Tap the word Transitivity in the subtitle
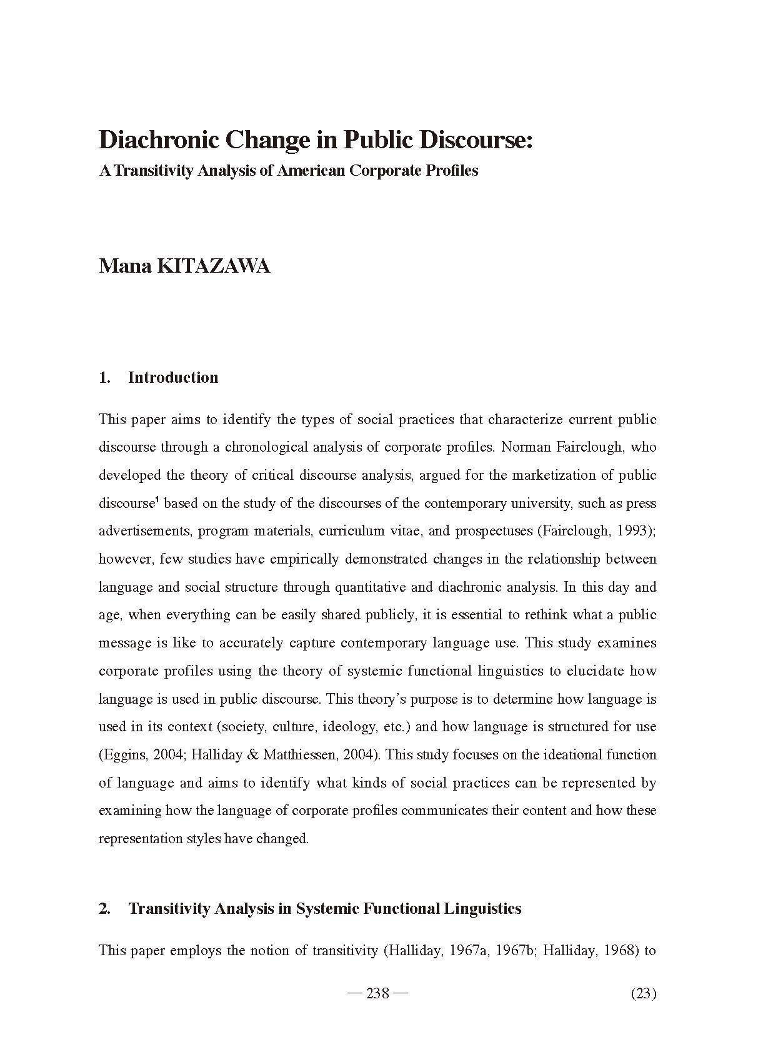pyautogui.click(x=152, y=171)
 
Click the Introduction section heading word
pyautogui.click(x=173, y=378)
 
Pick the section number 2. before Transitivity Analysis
pyautogui.click(x=104, y=909)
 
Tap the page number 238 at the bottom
pyautogui.click(x=377, y=993)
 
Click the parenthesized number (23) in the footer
pyautogui.click(x=644, y=993)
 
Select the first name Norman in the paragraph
pyautogui.click(x=525, y=447)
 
